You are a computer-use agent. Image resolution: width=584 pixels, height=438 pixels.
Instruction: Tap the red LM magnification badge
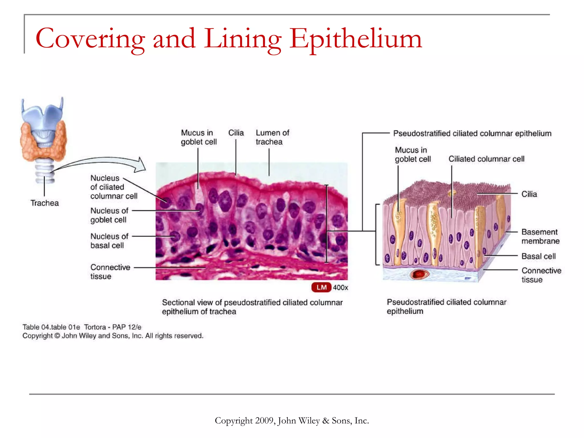coord(321,287)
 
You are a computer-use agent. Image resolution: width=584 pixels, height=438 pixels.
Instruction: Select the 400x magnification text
coord(340,287)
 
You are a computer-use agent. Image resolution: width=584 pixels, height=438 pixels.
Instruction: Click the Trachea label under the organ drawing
coord(44,203)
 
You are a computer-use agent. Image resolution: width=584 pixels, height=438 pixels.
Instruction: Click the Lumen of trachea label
coord(272,137)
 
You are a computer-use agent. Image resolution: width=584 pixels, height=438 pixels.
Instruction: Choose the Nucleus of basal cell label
coord(109,241)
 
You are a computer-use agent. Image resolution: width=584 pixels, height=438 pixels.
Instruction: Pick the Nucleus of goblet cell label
coord(109,215)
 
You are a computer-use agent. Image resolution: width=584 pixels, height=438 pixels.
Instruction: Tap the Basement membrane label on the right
coord(540,236)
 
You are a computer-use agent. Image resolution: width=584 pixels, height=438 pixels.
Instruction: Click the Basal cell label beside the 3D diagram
coord(538,256)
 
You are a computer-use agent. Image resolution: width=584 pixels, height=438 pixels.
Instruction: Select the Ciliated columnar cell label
coord(486,159)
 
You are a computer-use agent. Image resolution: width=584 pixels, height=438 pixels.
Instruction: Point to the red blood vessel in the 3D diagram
coord(419,274)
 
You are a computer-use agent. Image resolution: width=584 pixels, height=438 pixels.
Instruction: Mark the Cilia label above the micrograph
coord(236,133)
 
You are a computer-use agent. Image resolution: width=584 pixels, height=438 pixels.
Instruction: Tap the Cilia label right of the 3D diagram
coord(529,194)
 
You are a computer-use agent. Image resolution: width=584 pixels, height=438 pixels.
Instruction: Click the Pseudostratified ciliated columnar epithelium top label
coord(472,133)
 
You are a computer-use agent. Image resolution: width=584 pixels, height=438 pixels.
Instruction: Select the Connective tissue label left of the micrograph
coord(110,272)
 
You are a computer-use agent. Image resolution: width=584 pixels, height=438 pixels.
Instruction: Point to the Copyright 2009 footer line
coord(292,421)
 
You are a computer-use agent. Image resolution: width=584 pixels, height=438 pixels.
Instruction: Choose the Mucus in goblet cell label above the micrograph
coord(198,137)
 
